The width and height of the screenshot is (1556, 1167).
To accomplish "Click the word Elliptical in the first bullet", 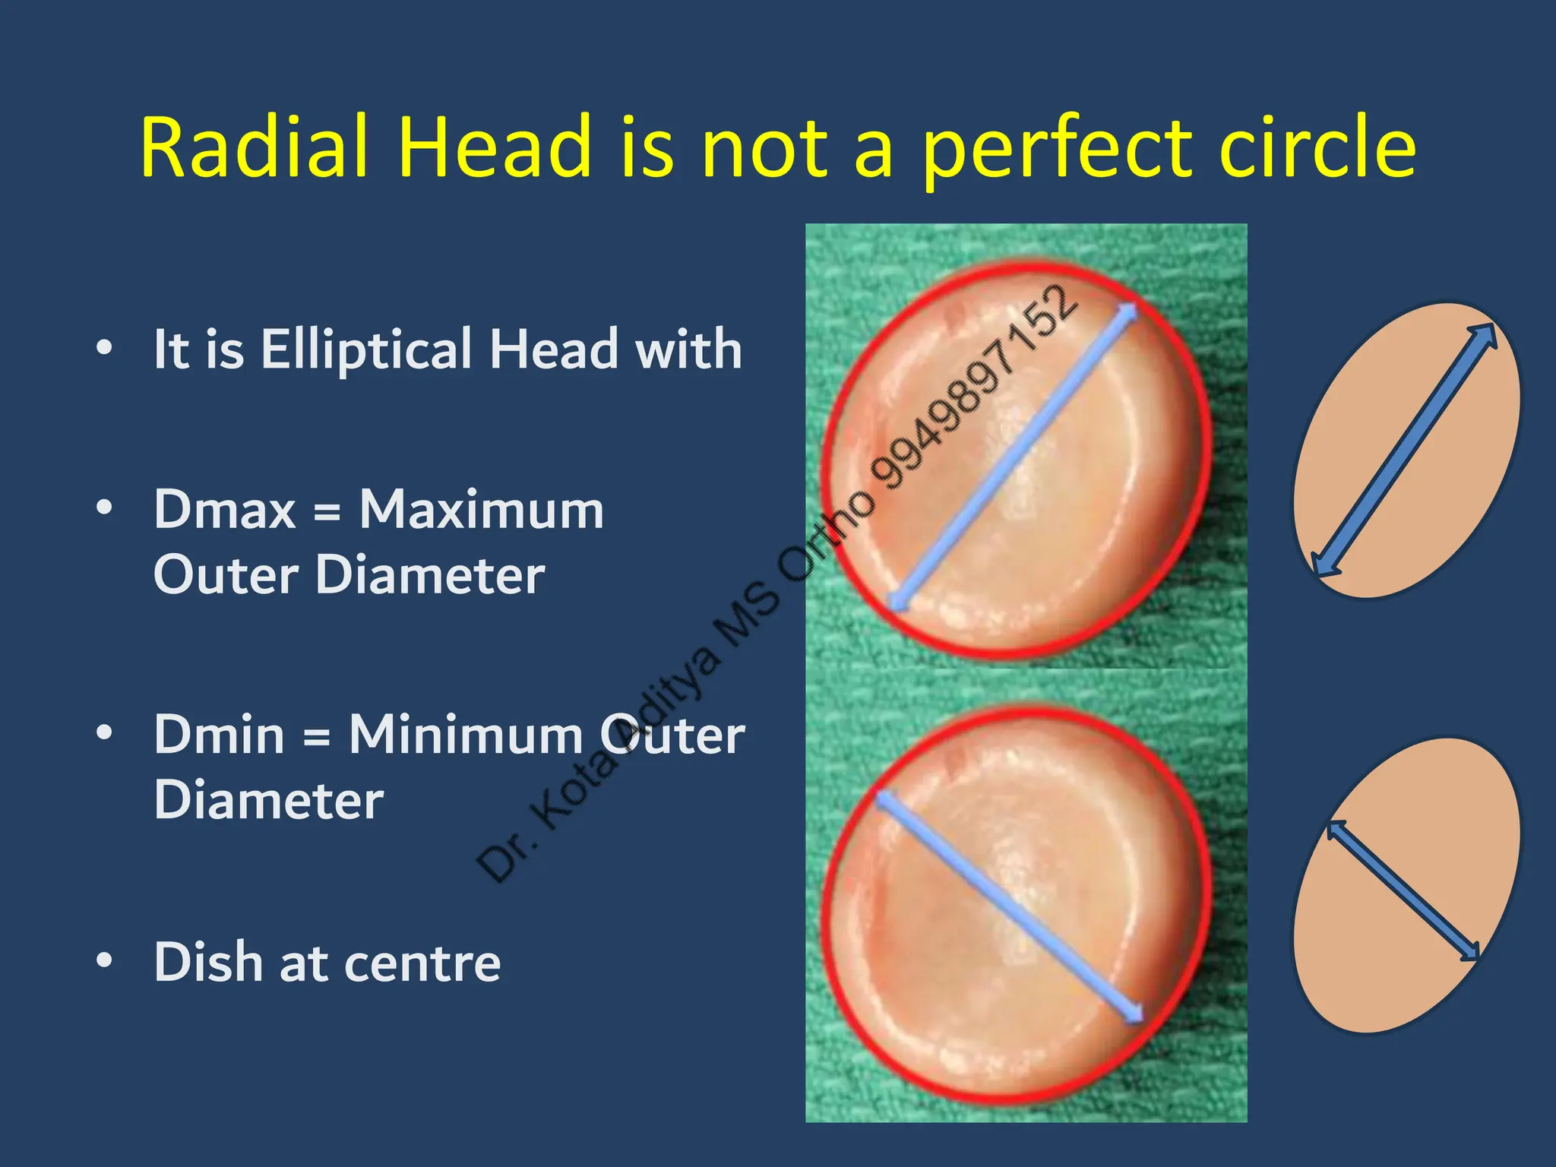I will [366, 349].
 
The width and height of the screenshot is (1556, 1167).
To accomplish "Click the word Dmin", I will [219, 735].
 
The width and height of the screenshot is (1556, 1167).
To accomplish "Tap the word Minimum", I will [465, 735].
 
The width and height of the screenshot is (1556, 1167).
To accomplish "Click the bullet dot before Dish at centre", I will [104, 960].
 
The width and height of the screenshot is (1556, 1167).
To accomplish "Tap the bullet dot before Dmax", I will [104, 507].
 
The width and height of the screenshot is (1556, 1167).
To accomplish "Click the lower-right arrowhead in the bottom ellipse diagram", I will [1472, 953].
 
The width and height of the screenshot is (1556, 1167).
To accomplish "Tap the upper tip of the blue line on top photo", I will [1131, 310].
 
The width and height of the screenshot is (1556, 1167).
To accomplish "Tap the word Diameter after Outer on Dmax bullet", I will [430, 574].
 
